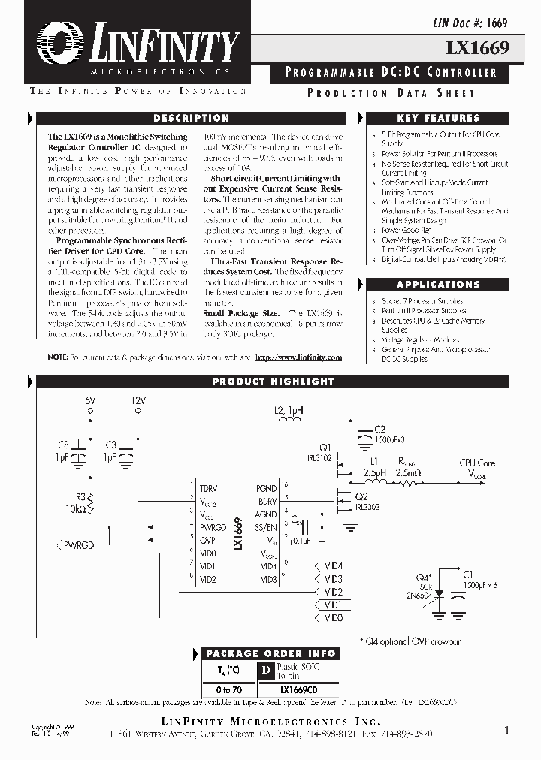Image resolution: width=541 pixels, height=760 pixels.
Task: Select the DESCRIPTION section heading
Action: [191, 119]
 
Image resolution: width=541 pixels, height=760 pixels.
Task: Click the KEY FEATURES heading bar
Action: [438, 119]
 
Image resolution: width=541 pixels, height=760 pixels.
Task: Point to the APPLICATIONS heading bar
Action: [438, 285]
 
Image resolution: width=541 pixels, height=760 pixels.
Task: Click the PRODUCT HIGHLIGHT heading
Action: [272, 382]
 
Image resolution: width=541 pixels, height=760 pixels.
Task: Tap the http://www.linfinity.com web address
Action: [299, 358]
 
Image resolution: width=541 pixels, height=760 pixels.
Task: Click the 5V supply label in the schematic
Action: [90, 401]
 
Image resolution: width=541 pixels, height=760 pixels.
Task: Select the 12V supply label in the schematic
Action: [138, 401]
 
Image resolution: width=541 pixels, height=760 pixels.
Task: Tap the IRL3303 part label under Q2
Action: [367, 507]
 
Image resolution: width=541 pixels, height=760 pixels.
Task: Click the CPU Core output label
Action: [477, 463]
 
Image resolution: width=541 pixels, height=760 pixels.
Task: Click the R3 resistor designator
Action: [80, 496]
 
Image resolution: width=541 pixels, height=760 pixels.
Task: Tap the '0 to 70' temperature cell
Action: [229, 689]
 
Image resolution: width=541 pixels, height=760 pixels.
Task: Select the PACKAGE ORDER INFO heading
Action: [272, 653]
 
